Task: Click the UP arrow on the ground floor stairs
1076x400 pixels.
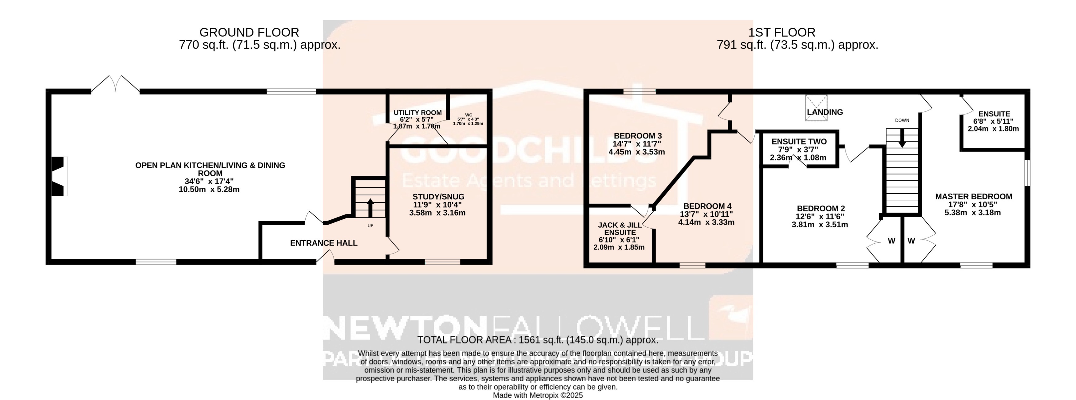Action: (370, 207)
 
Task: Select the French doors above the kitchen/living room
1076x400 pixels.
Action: (115, 84)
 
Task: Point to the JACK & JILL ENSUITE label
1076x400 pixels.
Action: (620, 229)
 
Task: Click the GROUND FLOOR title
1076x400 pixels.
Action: (249, 33)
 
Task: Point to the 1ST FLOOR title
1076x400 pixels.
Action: (781, 33)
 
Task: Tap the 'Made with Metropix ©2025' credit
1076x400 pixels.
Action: (538, 395)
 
